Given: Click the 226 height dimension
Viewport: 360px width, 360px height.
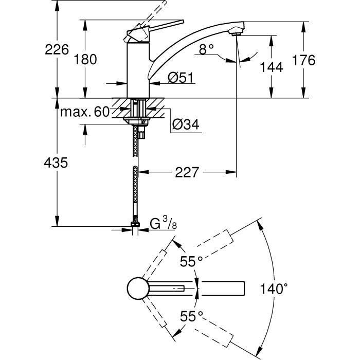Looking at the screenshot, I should (x=57, y=50).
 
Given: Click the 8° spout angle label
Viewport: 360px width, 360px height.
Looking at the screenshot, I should (x=206, y=49).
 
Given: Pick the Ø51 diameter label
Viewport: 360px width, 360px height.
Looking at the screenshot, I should (x=180, y=78).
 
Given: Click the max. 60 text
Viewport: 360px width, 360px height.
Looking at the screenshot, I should (x=84, y=112).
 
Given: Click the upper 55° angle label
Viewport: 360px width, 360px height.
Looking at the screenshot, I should (x=191, y=262).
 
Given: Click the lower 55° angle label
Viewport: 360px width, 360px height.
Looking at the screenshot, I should (x=191, y=316).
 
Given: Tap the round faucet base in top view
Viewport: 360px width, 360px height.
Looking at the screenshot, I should (x=137, y=289).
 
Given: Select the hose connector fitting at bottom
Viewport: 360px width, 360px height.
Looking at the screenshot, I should (x=135, y=227).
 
